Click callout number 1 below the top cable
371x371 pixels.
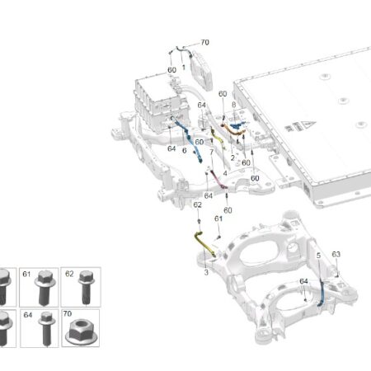point(183,67)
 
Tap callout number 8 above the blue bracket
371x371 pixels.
point(233,105)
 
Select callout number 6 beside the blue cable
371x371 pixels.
point(185,151)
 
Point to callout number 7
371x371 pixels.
point(212,152)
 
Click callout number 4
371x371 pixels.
point(225,173)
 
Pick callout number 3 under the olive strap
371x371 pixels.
point(206,272)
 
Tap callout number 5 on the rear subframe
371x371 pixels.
point(318,256)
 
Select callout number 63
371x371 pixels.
point(336,254)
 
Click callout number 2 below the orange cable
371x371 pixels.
point(232,157)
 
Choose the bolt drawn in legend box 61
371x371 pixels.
point(45,287)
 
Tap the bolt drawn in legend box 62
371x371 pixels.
point(87,287)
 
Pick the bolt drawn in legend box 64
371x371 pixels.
point(46,328)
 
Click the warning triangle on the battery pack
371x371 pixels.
point(308,124)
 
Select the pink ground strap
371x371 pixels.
point(218,180)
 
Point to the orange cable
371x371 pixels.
point(232,130)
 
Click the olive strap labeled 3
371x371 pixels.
point(204,244)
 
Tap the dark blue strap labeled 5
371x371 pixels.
point(322,292)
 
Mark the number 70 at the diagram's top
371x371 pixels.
point(204,43)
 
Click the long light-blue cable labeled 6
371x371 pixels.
point(188,139)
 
